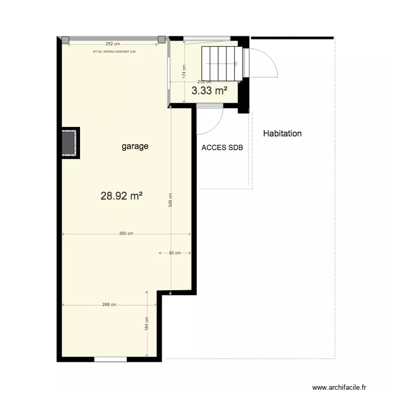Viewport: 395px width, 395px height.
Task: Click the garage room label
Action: pyautogui.click(x=135, y=147)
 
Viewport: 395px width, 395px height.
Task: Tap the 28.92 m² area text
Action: pyautogui.click(x=122, y=196)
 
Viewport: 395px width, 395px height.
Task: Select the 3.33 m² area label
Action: pyautogui.click(x=210, y=91)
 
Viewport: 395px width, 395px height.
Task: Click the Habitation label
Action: pyautogui.click(x=282, y=134)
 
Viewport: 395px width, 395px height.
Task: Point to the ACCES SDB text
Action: pyautogui.click(x=222, y=148)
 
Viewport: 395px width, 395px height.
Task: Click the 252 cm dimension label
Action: pyautogui.click(x=113, y=44)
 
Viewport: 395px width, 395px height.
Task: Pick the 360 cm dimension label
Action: pyautogui.click(x=126, y=234)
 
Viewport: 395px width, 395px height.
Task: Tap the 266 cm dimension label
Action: pyautogui.click(x=109, y=304)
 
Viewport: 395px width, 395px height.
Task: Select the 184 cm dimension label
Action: pyautogui.click(x=147, y=322)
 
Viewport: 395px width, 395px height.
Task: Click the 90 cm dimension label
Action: pyautogui.click(x=174, y=253)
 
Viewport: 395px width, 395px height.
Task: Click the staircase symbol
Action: pyautogui.click(x=222, y=62)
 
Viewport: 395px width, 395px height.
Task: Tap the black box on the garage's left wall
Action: pyautogui.click(x=70, y=142)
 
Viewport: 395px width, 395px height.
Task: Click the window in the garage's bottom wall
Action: pyautogui.click(x=111, y=360)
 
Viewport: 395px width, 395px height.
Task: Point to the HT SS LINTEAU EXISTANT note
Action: pyautogui.click(x=114, y=52)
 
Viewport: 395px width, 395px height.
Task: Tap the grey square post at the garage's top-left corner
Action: pyautogui.click(x=65, y=40)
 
